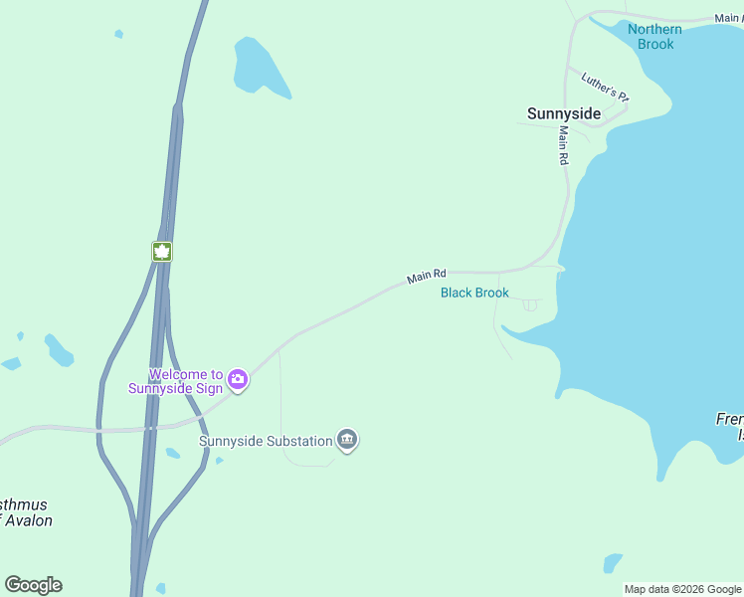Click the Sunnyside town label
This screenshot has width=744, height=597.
[x=563, y=113]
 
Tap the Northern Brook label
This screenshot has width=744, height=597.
[x=654, y=36]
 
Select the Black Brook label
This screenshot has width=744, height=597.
[x=474, y=293]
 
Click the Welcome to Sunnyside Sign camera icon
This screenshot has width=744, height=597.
[x=238, y=378]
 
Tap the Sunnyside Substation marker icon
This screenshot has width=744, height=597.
[x=347, y=439]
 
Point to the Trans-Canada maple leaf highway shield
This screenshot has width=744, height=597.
[x=162, y=252]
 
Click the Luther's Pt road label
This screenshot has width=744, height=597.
[x=606, y=88]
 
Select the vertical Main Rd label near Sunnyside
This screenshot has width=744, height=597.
[x=563, y=145]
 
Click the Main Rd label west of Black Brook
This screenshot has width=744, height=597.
[x=426, y=276]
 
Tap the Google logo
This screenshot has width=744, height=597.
[x=33, y=585]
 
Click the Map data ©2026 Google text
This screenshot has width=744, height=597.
[x=682, y=589]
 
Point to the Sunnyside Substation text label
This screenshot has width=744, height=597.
[x=265, y=440]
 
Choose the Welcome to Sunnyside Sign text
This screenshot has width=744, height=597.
[x=176, y=381]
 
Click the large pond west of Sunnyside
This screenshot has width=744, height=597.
[x=257, y=67]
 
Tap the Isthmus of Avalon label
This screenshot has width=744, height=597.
[x=24, y=512]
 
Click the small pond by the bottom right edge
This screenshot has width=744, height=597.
[x=613, y=562]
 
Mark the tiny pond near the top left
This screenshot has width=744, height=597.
[x=118, y=34]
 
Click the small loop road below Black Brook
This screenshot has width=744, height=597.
[x=530, y=305]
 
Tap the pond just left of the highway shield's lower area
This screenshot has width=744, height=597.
[x=60, y=350]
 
